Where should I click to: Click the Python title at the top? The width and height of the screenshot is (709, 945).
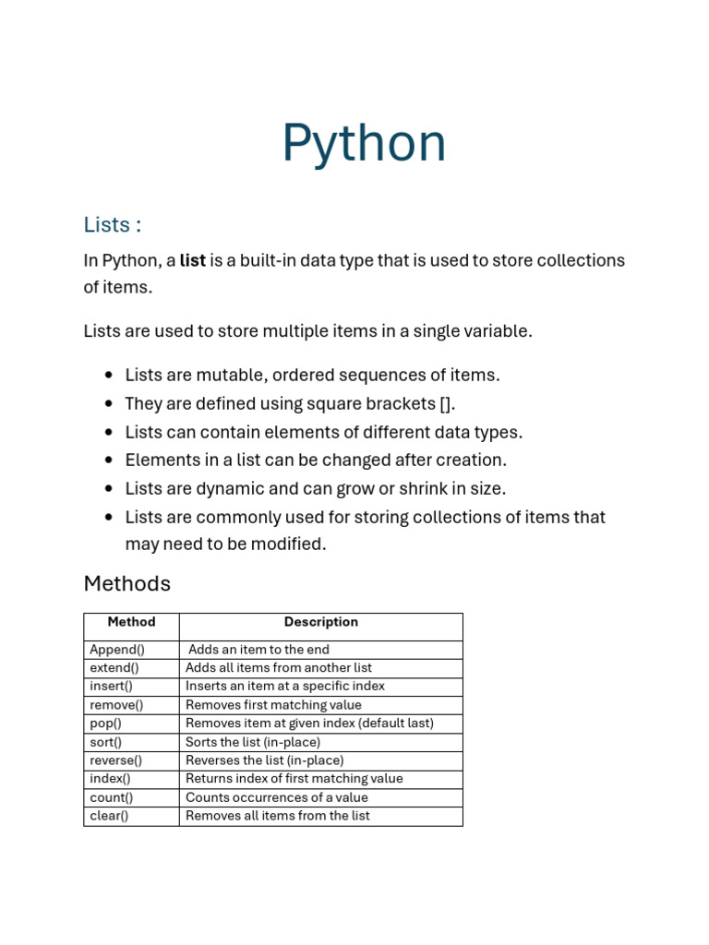coord(364,144)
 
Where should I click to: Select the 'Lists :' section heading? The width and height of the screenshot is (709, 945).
coord(113,224)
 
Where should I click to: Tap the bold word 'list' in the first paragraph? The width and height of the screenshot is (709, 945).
coord(192,260)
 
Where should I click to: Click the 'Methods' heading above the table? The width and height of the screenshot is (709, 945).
coord(127,583)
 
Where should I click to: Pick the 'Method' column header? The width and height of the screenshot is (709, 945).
coord(131,622)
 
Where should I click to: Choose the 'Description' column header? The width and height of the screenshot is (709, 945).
coord(320,622)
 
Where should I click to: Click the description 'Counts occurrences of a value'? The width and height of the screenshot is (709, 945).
coord(277,797)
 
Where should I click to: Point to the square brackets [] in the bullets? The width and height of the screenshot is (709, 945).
coord(447,404)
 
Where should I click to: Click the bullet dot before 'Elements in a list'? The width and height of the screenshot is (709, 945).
coord(108,460)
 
